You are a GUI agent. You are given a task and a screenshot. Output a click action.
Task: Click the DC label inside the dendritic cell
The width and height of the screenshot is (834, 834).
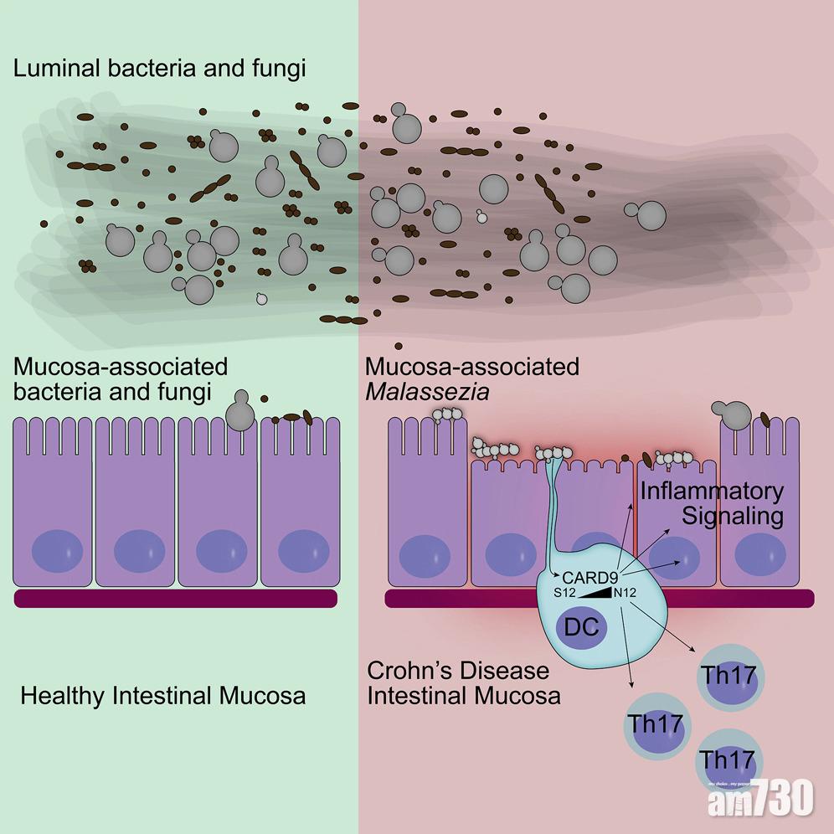(x=582, y=628)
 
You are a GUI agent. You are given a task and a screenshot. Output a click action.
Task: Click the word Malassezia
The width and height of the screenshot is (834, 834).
(x=427, y=390)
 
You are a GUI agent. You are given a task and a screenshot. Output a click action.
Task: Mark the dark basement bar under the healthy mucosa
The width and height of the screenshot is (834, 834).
(x=176, y=597)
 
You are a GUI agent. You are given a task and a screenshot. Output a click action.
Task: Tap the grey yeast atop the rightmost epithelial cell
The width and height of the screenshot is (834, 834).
(x=730, y=412)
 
